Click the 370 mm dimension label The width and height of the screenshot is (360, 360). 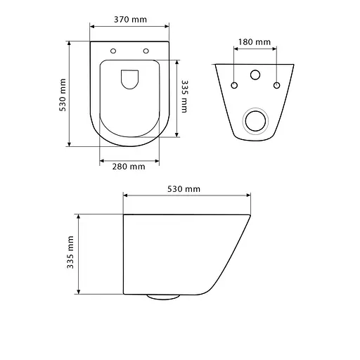(129, 20)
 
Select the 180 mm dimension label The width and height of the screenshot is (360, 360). (255, 42)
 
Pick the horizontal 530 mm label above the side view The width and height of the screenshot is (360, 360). (185, 188)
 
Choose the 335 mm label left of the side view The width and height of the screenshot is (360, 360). (70, 254)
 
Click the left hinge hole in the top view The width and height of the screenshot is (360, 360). (113, 51)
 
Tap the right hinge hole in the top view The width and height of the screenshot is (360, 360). (146, 51)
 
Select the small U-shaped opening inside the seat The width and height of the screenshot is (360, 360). (129, 79)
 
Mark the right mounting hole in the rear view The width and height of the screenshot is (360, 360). (276, 86)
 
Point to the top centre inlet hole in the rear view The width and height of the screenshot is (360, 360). (255, 75)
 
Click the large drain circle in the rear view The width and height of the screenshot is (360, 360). (255, 120)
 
